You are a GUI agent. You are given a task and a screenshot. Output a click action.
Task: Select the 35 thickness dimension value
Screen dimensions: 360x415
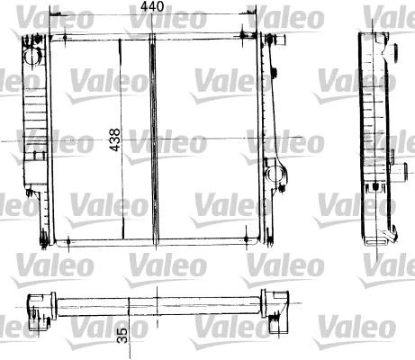pos(121,337)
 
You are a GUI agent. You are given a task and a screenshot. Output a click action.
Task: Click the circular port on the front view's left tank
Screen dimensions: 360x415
pos(35,56)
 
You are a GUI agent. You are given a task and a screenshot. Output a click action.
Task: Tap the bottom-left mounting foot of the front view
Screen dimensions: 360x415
pos(43,238)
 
